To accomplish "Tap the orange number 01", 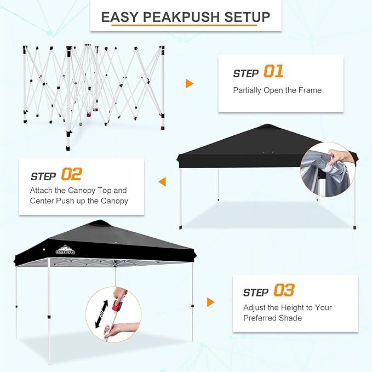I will [273, 72].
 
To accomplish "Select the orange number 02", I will [71, 175].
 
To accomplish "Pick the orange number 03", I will [284, 291].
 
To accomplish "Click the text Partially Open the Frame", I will [277, 90].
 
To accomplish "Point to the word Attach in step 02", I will [43, 191].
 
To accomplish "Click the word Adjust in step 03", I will [256, 308].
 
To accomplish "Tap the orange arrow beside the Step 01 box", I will [190, 83].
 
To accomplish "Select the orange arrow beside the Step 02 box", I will [162, 181].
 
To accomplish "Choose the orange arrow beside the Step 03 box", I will [210, 302].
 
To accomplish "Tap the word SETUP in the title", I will [248, 17].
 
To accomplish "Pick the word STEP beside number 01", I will [246, 73].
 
